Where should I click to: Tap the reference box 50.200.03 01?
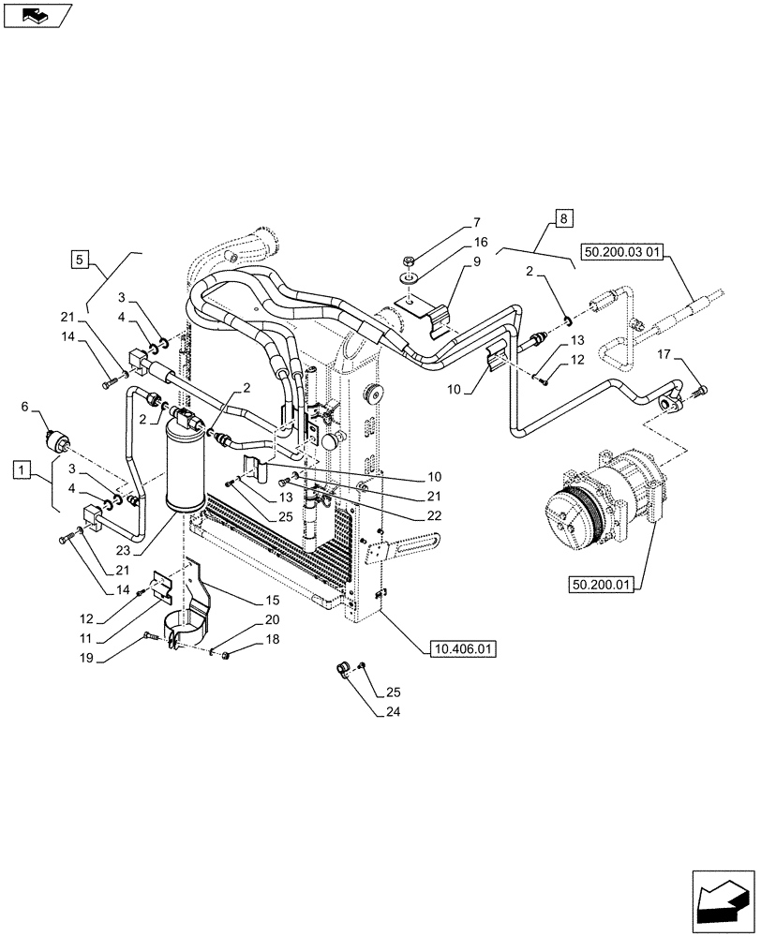pyautogui.click(x=622, y=252)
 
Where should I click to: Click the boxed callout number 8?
pyautogui.click(x=562, y=220)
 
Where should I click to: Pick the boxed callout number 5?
pyautogui.click(x=81, y=258)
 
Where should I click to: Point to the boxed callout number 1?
pyautogui.click(x=22, y=466)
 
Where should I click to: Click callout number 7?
pyautogui.click(x=475, y=222)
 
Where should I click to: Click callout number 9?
pyautogui.click(x=476, y=263)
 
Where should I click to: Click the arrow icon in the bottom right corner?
pyautogui.click(x=721, y=900)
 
